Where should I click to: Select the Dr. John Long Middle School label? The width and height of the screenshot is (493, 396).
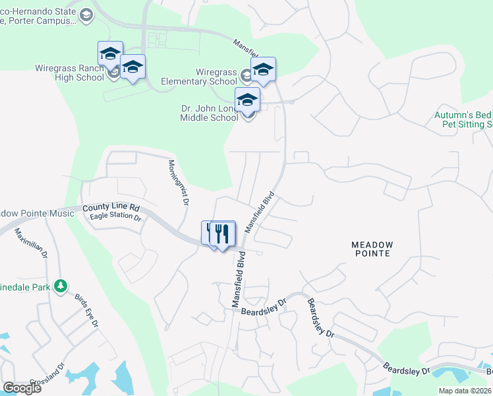pyautogui.click(x=209, y=113)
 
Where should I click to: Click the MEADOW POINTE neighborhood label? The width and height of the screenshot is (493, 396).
pyautogui.click(x=373, y=249)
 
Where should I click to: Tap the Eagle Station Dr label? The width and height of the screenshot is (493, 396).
pyautogui.click(x=115, y=216)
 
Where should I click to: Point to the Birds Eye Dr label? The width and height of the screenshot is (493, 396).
pyautogui.click(x=86, y=310)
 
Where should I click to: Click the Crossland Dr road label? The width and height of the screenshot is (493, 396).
pyautogui.click(x=47, y=377)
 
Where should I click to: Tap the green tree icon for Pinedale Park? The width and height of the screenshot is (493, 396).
pyautogui.click(x=61, y=286)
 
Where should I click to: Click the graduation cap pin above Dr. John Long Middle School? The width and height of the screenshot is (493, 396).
pyautogui.click(x=248, y=100)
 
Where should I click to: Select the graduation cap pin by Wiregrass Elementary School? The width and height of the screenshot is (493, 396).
pyautogui.click(x=263, y=69)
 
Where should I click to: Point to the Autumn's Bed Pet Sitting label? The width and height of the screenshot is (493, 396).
pyautogui.click(x=463, y=119)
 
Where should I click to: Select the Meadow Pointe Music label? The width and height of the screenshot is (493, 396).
pyautogui.click(x=37, y=213)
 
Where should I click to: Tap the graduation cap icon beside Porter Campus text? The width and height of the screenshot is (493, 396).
pyautogui.click(x=86, y=15)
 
